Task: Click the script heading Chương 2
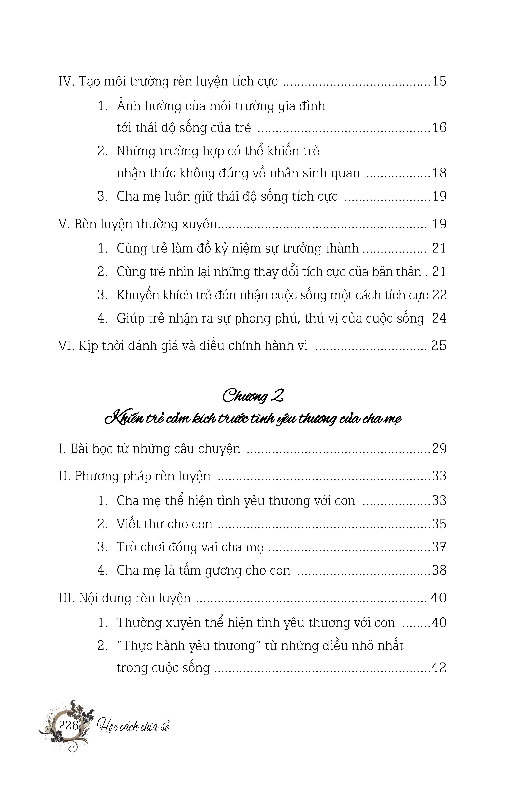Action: [x=253, y=396]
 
